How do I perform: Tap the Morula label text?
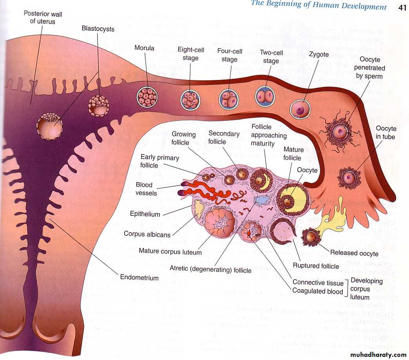[x=145, y=48]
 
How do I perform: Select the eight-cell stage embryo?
[x=190, y=100]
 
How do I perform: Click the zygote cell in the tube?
[x=300, y=108]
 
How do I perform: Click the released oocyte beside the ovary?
[x=311, y=236]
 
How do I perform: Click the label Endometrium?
[x=139, y=278]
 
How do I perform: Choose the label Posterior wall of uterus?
[x=43, y=18]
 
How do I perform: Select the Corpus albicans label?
[x=147, y=234]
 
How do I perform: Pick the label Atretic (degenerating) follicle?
[x=210, y=270]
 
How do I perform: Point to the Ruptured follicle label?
[x=316, y=266]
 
